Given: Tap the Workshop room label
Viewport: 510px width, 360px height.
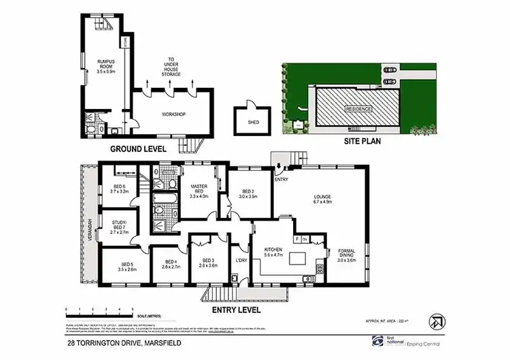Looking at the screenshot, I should (x=173, y=114).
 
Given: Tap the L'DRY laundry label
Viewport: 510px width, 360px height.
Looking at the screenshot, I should (x=240, y=261).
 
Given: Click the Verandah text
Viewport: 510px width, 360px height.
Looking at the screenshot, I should (x=86, y=224).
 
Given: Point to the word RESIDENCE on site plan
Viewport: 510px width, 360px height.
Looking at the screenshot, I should (x=358, y=110).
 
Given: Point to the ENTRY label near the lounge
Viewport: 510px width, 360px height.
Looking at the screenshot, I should (x=282, y=180).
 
